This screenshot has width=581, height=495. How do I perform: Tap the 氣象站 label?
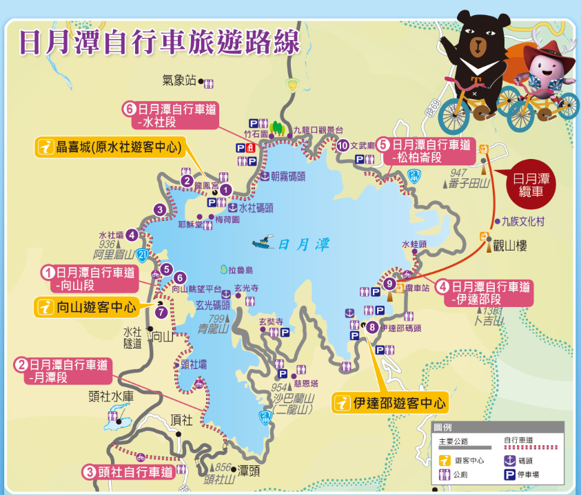coord(179,81)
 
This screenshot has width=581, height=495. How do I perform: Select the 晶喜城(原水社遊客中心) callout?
coord(111,147)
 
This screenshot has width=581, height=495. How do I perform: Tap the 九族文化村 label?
coord(523,222)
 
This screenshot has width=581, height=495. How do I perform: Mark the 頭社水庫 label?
coord(109,396)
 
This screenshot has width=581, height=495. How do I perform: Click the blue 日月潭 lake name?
coord(304,244)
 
